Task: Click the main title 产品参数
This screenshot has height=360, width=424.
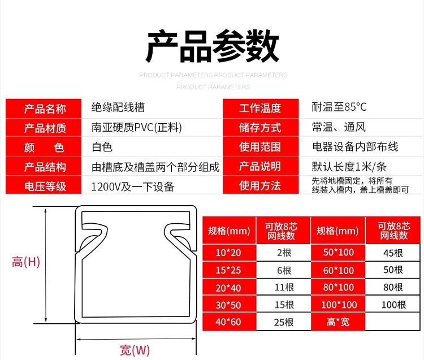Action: tap(212, 46)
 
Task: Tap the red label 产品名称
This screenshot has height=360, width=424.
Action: tap(45, 109)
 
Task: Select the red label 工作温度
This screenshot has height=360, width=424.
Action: tap(259, 109)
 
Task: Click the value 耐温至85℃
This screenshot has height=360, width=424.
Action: tap(339, 107)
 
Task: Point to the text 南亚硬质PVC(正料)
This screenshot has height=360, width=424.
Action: tap(137, 128)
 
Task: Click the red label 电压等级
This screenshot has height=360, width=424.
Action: tap(45, 186)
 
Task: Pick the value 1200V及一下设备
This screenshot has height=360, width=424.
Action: tap(133, 186)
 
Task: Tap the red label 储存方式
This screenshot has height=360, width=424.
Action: tap(259, 128)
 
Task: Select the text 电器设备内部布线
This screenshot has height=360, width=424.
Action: tap(355, 147)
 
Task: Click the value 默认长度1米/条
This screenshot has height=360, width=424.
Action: tap(349, 167)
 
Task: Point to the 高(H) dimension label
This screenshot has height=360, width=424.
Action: tap(26, 262)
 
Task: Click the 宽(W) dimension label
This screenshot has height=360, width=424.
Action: tap(135, 350)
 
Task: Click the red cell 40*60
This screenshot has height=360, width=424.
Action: tap(228, 323)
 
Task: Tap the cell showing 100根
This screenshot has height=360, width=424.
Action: tap(393, 305)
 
